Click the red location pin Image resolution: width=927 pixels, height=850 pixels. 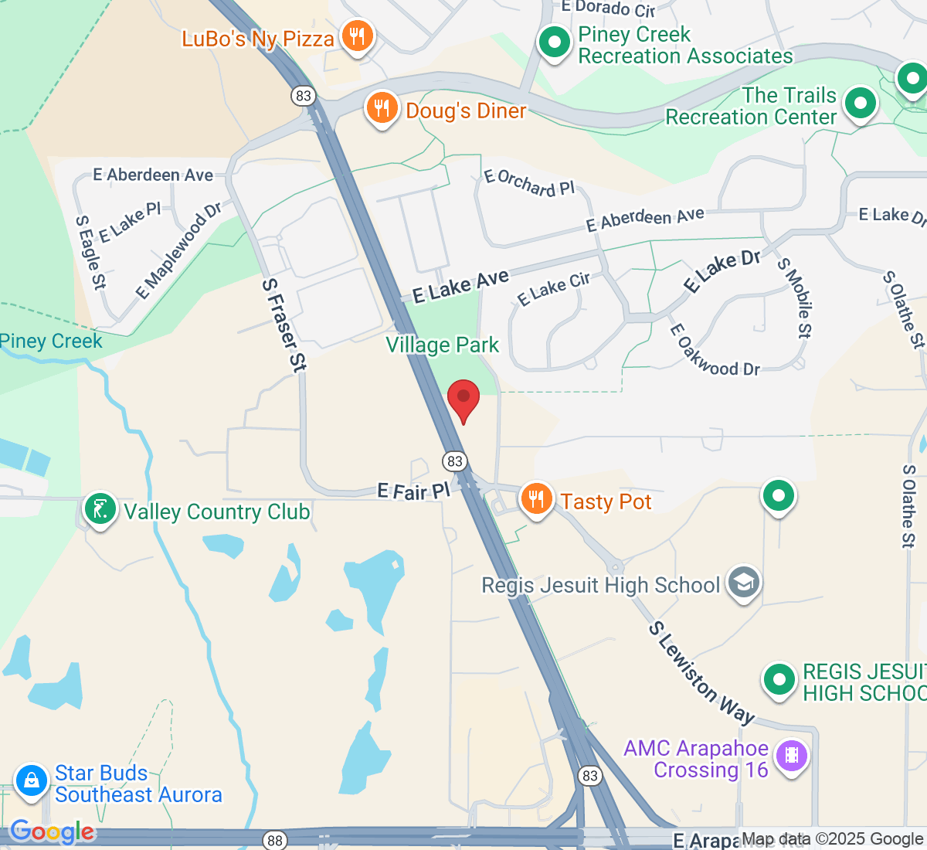[x=463, y=399]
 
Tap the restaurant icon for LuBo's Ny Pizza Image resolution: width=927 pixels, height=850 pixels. [x=357, y=36]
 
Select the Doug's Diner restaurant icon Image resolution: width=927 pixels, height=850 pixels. [x=382, y=109]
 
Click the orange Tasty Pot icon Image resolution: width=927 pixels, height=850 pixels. [x=536, y=499]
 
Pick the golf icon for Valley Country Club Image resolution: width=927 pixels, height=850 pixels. [x=100, y=510]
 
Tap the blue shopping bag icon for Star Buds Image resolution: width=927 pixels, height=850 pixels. [x=32, y=780]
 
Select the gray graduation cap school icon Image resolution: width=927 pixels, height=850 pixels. [x=744, y=583]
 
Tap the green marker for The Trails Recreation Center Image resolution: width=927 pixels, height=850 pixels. [x=861, y=103]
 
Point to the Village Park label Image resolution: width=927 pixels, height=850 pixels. [x=443, y=345]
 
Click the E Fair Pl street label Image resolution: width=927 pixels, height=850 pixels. [x=413, y=491]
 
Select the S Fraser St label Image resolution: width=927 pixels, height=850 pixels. [x=284, y=325]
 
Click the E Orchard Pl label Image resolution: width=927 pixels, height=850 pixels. [x=529, y=183]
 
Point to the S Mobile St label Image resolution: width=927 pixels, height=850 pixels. [x=796, y=297]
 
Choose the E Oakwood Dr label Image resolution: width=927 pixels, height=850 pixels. [x=715, y=352]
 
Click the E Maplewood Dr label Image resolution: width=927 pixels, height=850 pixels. [x=178, y=250]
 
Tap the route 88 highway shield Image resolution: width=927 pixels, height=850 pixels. [x=274, y=840]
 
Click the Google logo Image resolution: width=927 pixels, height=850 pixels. [x=52, y=832]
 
